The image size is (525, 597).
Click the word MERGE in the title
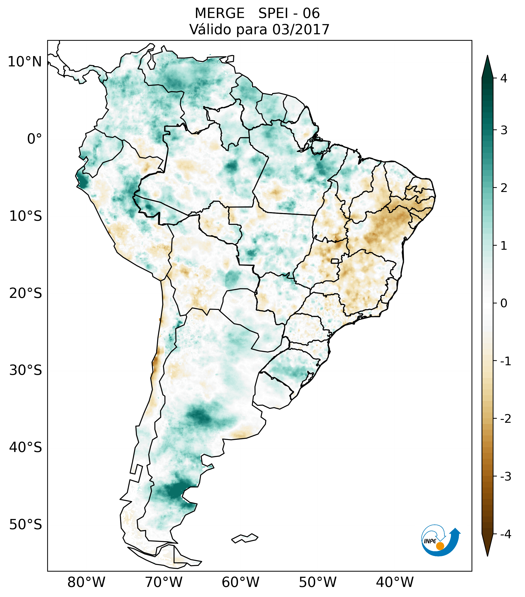point(219,13)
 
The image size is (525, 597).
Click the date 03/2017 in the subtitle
point(301,29)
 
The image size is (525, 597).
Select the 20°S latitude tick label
point(26,293)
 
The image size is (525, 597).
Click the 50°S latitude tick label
point(26,525)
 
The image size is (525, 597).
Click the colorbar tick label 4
point(504,78)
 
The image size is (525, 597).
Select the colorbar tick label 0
point(504,303)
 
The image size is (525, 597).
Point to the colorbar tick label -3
point(505,476)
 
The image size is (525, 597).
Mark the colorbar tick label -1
point(505,361)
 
